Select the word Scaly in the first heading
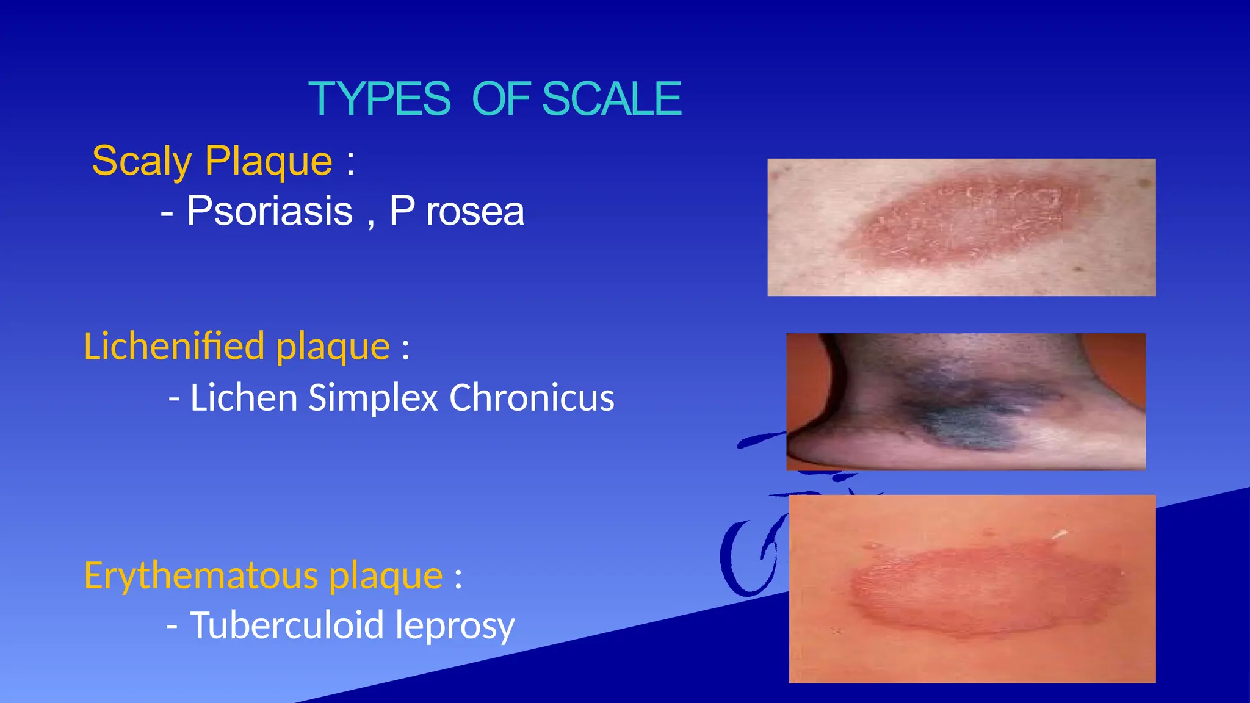(142, 162)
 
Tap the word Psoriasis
(269, 211)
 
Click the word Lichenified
(174, 346)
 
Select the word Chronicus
(532, 398)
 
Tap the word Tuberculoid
(286, 625)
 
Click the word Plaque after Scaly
(269, 161)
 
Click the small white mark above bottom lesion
(1060, 535)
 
